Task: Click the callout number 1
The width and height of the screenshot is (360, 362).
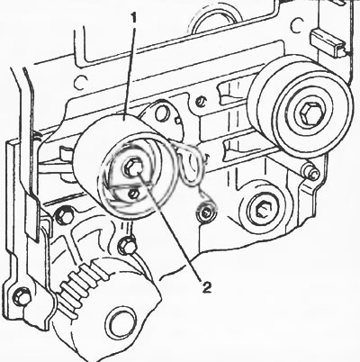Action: point(133,19)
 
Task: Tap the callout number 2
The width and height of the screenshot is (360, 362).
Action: point(207,287)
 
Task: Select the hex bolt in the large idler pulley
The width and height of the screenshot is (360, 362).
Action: point(310,113)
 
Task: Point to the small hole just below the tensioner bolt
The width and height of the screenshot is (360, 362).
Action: point(133,195)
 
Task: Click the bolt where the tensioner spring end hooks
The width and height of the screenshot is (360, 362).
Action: point(207,213)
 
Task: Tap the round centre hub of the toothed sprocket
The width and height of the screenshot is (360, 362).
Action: point(121,322)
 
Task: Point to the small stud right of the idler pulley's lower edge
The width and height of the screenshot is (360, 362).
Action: point(310,173)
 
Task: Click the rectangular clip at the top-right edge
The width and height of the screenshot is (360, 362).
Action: point(328,42)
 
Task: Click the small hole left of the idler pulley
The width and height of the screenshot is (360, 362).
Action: point(201,101)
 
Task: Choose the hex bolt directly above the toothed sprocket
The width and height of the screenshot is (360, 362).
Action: point(127,245)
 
